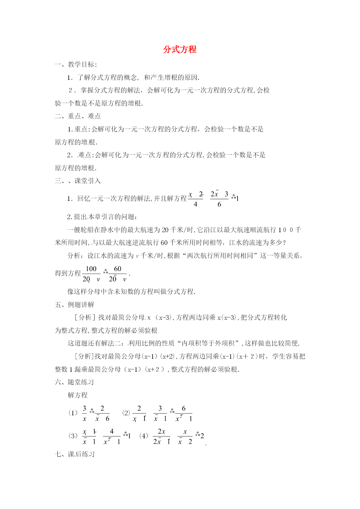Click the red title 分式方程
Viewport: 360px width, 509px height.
pos(180,50)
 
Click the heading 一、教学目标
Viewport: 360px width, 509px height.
pos(76,64)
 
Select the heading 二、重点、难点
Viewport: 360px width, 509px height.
pos(78,116)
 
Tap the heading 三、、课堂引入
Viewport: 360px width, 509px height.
pos(78,181)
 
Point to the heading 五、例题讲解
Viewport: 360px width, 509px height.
pos(75,305)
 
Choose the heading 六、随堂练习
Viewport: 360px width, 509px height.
pos(75,382)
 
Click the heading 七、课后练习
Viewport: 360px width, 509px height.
pos(75,454)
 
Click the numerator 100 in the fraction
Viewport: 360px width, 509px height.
pos(91,269)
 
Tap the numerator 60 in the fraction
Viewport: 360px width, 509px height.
pos(117,269)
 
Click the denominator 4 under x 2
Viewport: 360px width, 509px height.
pos(195,204)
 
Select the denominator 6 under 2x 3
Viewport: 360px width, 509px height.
pos(219,204)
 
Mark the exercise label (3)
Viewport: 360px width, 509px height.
pos(73,436)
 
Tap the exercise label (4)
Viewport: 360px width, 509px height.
pos(144,436)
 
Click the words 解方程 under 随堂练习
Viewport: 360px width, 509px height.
pos(77,395)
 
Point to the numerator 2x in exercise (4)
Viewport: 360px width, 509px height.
pos(162,432)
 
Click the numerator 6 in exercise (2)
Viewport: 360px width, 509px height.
pos(184,409)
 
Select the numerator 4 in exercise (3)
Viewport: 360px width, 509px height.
pos(112,432)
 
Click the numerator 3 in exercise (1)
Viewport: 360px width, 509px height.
pos(84,409)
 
